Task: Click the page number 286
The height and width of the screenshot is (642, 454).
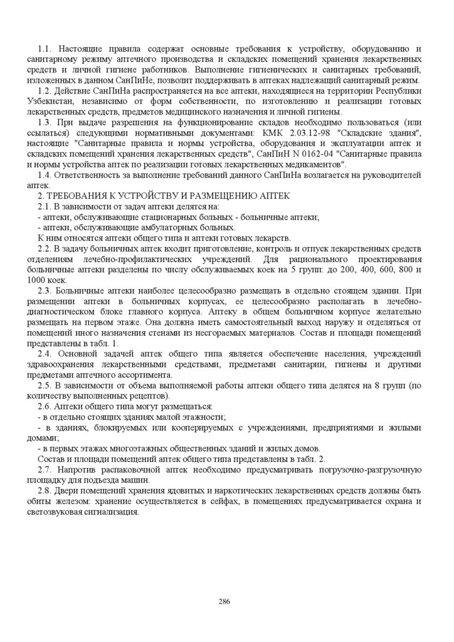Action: click(224, 601)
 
